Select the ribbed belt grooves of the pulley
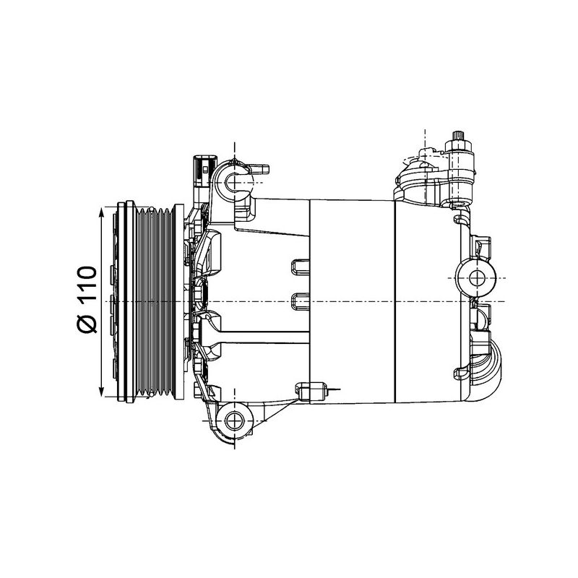click(156, 300)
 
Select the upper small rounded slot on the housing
click(299, 267)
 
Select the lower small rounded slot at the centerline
click(299, 299)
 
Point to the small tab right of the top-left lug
click(262, 169)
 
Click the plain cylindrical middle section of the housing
click(351, 300)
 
